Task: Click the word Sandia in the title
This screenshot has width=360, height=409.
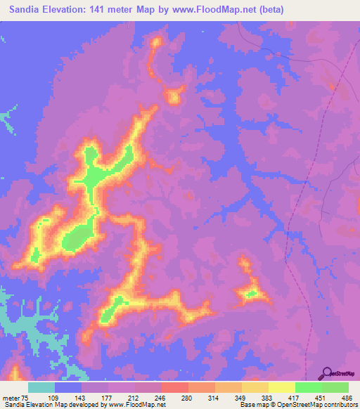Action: click(28, 8)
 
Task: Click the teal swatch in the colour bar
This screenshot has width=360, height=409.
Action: click(41, 387)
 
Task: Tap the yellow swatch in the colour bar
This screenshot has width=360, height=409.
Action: click(282, 387)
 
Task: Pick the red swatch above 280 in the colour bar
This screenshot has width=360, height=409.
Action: click(175, 387)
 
